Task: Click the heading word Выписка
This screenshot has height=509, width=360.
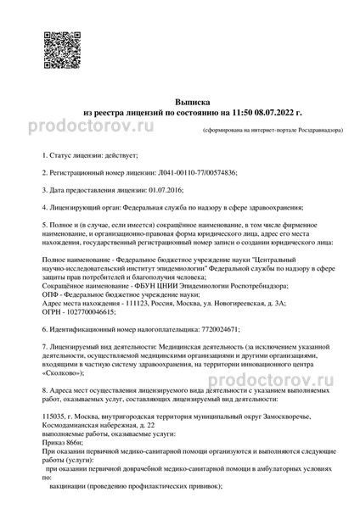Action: (x=180, y=99)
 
